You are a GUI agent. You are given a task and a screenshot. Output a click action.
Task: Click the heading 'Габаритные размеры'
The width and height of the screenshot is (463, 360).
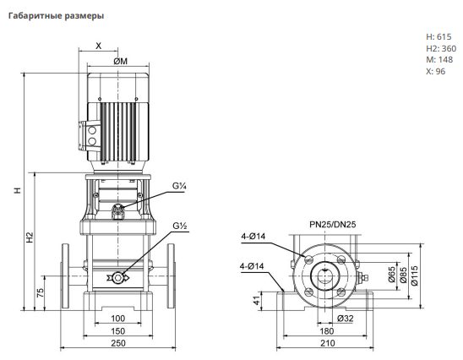tap(56, 16)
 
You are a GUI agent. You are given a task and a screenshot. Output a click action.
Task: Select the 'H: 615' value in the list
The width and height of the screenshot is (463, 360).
tap(438, 36)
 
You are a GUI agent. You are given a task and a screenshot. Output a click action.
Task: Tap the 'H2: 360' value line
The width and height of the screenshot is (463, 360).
tap(441, 48)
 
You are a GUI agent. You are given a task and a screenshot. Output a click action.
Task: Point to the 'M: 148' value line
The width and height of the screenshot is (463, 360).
tap(439, 60)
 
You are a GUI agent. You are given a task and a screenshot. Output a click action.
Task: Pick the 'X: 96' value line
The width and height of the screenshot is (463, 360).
tap(435, 71)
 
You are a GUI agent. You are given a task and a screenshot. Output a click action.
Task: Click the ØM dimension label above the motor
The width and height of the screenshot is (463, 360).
tap(121, 61)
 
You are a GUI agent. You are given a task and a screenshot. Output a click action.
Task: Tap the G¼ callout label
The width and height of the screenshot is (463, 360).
tap(179, 186)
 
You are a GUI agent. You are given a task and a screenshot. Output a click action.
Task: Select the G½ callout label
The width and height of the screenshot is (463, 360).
tap(180, 226)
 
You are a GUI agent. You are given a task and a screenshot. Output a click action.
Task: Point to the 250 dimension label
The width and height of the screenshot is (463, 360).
tap(118, 343)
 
